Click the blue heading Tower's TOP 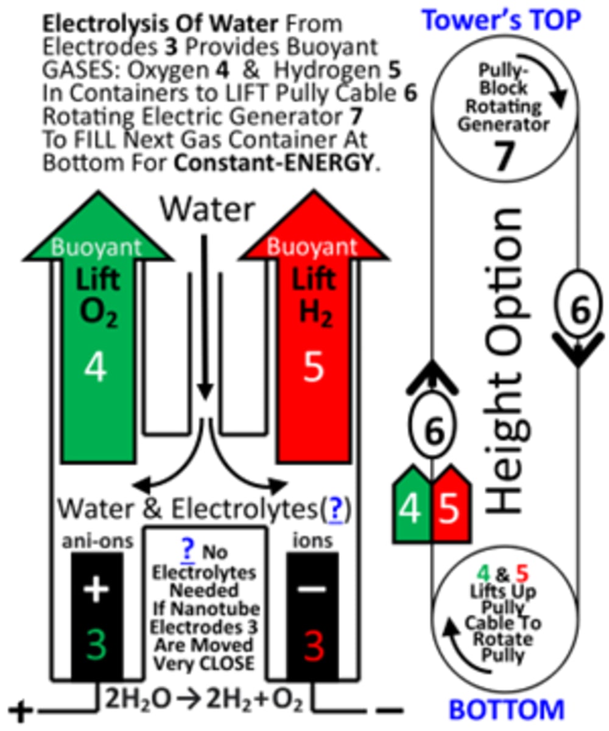pyautogui.click(x=501, y=19)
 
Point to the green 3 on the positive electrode pyautogui.click(x=96, y=644)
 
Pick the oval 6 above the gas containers pyautogui.click(x=433, y=430)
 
